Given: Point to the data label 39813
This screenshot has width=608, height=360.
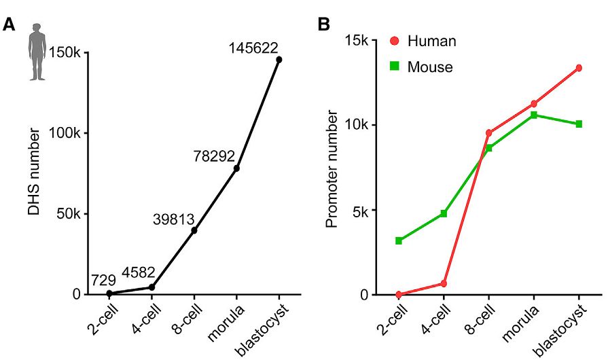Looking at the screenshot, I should click(173, 219).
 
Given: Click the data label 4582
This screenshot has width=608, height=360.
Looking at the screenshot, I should click(141, 274).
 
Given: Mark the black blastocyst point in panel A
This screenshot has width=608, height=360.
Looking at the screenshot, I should click(279, 60).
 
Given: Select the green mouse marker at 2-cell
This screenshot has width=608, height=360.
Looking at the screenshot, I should click(399, 240).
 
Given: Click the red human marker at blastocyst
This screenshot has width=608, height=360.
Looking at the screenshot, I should click(579, 68).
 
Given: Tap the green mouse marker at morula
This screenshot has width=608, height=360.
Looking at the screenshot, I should click(534, 115).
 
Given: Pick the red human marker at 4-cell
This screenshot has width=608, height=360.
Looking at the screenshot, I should click(444, 283).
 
